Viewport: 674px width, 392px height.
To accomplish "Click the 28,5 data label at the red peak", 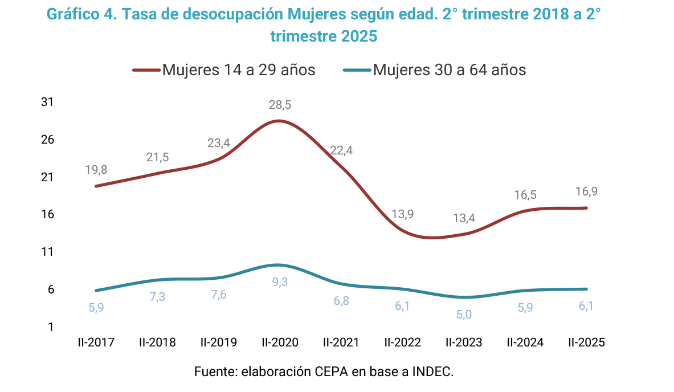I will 279,105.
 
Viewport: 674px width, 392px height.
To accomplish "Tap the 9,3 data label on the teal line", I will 279,281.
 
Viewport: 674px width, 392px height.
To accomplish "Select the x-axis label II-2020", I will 280,342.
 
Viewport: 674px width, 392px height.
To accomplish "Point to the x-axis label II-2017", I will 96,342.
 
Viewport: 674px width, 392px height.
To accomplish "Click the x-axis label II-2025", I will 586,342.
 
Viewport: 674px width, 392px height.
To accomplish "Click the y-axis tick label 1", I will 50,327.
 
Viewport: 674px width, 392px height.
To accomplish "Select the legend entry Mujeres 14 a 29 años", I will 239,70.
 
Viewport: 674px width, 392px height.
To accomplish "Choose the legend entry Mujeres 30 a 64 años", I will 450,70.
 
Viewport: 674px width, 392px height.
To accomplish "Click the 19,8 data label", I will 96,169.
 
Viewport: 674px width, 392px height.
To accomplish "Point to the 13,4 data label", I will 464,218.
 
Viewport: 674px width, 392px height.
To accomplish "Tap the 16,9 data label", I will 586,191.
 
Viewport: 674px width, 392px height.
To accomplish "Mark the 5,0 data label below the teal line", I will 464,313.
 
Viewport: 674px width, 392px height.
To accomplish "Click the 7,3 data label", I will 157,297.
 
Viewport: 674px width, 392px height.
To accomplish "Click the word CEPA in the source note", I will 330,372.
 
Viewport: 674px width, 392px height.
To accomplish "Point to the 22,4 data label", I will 341,151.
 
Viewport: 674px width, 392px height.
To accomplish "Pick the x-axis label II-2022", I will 402,342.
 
